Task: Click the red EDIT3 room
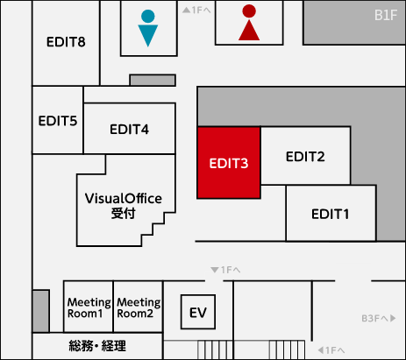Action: click(x=229, y=163)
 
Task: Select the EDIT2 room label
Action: click(x=305, y=157)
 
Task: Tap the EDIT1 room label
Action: click(x=331, y=215)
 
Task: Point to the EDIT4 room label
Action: click(x=129, y=130)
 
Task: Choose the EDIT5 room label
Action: click(x=58, y=121)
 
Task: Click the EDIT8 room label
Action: click(x=66, y=42)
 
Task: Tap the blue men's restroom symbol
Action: click(x=148, y=28)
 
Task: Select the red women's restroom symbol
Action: click(x=249, y=23)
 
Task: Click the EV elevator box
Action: click(x=198, y=312)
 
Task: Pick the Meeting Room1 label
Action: click(x=89, y=307)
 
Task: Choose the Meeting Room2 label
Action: click(x=139, y=307)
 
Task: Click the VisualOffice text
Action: click(x=124, y=199)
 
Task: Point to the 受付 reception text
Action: click(x=123, y=214)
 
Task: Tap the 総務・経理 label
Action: click(x=97, y=346)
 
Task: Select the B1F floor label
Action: click(x=386, y=15)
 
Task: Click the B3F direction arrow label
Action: click(x=379, y=318)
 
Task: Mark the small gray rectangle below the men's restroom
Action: click(x=153, y=80)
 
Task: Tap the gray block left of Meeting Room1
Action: click(x=40, y=311)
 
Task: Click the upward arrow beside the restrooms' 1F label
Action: click(x=186, y=11)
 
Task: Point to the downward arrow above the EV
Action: click(x=215, y=270)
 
